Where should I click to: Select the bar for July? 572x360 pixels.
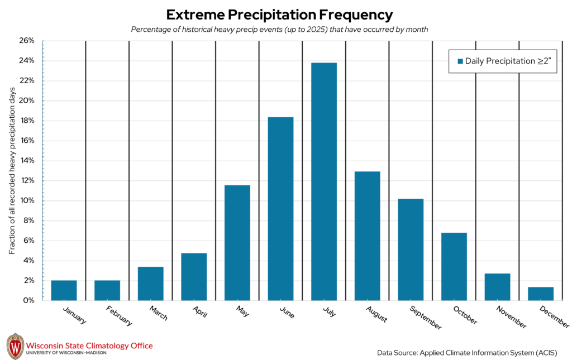click(x=324, y=181)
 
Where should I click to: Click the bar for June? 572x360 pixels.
click(x=280, y=209)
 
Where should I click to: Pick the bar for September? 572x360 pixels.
click(x=411, y=249)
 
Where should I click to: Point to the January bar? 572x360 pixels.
click(x=64, y=290)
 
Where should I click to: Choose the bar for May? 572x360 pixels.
click(x=237, y=243)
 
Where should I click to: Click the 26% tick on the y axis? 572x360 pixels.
click(x=27, y=41)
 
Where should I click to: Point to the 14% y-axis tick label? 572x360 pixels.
click(x=27, y=161)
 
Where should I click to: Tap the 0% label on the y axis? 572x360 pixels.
click(x=30, y=301)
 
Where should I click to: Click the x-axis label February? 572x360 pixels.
click(x=118, y=315)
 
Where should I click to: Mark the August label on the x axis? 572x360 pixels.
click(x=377, y=314)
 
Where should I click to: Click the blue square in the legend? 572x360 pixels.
click(x=460, y=61)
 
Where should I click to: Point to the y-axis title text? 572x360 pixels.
click(x=12, y=170)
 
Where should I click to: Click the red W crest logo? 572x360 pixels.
click(x=15, y=347)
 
